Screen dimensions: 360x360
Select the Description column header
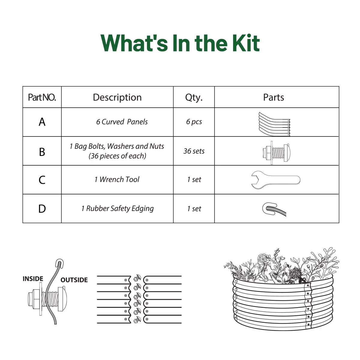pos(117,97)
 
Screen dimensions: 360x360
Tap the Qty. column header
pos(194,97)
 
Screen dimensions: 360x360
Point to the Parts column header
pos(274,97)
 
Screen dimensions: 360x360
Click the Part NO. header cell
pos(42,97)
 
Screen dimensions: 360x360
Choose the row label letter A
pos(42,122)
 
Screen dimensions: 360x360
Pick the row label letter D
pos(42,209)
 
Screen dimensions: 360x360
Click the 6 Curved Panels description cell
pos(122,122)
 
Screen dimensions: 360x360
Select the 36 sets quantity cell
pos(194,151)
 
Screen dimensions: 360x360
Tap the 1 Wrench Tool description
pos(117,179)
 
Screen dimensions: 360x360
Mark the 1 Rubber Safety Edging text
pos(117,208)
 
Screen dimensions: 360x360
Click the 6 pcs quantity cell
pos(194,122)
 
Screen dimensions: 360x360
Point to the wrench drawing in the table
pos(275,180)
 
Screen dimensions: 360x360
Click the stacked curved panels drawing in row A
pos(274,124)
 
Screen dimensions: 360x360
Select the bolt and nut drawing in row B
pos(276,153)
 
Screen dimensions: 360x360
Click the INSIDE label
pos(33,279)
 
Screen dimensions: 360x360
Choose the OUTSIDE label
pos(74,280)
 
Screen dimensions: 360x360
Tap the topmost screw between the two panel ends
pos(137,277)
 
